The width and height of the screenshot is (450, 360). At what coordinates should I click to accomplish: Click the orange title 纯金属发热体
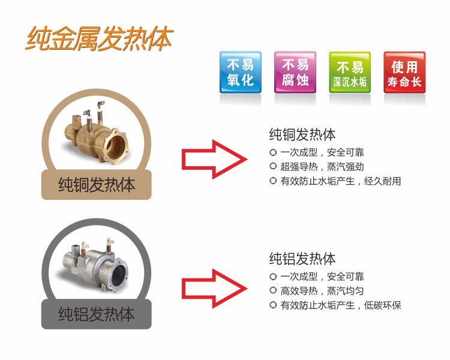click(99, 38)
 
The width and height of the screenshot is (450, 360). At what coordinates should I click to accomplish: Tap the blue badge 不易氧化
click(241, 73)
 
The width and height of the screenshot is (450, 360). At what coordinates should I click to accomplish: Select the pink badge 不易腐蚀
click(295, 73)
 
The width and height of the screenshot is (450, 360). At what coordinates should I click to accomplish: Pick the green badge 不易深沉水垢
click(350, 73)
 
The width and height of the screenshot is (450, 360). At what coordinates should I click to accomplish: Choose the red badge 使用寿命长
click(404, 73)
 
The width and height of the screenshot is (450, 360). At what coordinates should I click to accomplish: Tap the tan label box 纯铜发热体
click(97, 185)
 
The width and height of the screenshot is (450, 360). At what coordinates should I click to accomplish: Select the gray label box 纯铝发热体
click(97, 314)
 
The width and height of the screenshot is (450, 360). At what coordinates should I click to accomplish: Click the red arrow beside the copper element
click(214, 160)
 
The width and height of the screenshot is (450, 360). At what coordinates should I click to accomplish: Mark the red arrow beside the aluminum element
click(214, 289)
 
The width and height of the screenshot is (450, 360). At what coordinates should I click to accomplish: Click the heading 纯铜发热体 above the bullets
click(302, 134)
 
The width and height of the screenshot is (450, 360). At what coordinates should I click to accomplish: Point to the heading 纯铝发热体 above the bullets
click(302, 259)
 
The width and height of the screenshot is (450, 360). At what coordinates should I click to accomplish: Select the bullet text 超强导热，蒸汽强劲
click(322, 167)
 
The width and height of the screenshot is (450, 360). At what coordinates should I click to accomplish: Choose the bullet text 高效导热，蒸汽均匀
click(322, 291)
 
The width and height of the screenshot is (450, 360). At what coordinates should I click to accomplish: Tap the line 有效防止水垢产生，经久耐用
click(341, 181)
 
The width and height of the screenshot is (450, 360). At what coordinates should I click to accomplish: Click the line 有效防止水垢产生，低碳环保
click(341, 305)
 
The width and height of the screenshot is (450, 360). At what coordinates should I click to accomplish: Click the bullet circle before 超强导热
click(273, 166)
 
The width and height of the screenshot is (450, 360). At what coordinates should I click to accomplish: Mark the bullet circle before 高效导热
click(273, 290)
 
